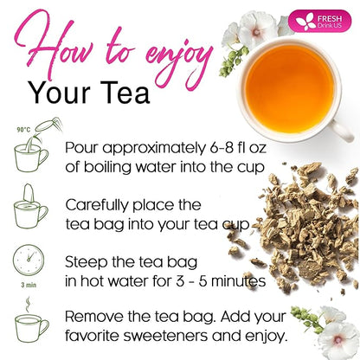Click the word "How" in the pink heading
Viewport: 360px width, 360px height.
tap(57, 45)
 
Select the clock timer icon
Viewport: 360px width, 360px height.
tap(29, 260)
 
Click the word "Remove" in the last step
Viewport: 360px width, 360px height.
tap(93, 317)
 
